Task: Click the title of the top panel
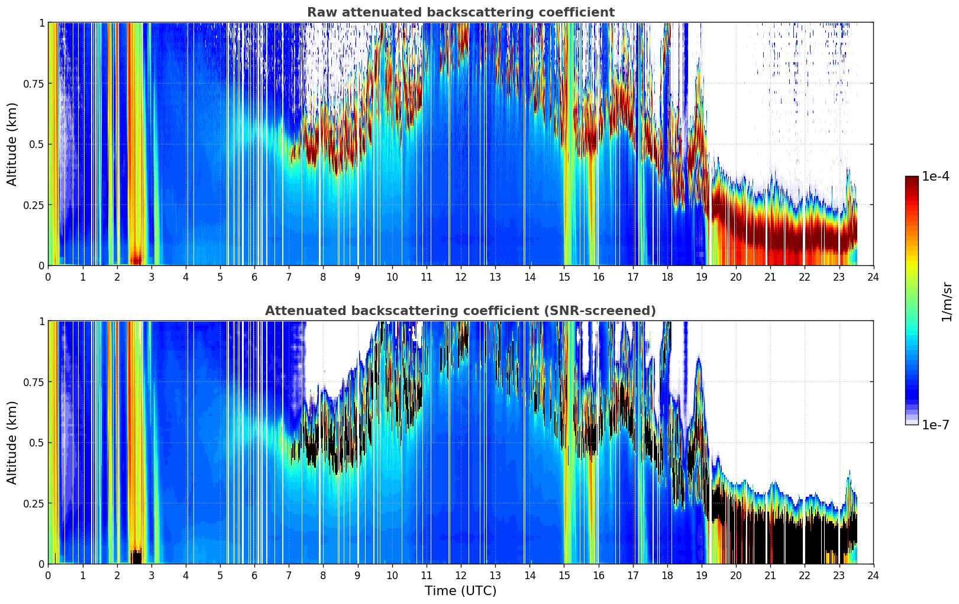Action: [x=461, y=12]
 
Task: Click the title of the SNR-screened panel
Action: [x=460, y=310]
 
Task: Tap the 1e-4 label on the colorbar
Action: [x=935, y=176]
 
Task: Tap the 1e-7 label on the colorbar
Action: [x=935, y=425]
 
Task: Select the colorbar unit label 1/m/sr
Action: [x=947, y=301]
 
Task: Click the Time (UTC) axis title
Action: [x=461, y=591]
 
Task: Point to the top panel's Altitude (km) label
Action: [x=12, y=144]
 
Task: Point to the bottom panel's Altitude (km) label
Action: [x=12, y=443]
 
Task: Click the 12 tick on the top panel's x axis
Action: [x=461, y=277]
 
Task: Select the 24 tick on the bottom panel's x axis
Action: [x=873, y=576]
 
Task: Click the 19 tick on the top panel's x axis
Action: [x=701, y=277]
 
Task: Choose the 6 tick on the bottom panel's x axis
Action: [x=254, y=576]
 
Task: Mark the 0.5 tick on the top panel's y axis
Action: [x=37, y=144]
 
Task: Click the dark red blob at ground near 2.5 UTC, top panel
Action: [x=136, y=259]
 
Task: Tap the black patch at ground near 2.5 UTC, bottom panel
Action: [x=136, y=557]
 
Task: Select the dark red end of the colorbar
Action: [x=912, y=180]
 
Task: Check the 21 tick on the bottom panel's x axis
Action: [x=770, y=576]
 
